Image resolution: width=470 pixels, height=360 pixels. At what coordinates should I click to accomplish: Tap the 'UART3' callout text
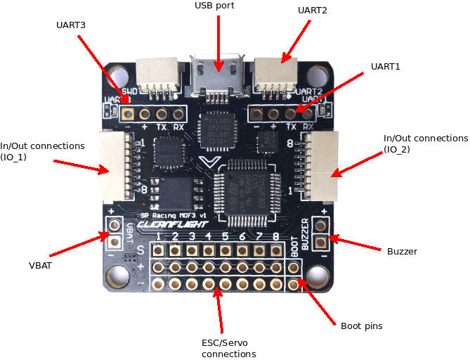(x=72, y=25)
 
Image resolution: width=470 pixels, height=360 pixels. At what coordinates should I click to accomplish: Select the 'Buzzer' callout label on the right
(x=402, y=251)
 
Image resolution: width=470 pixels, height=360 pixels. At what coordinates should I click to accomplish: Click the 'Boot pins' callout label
(x=362, y=326)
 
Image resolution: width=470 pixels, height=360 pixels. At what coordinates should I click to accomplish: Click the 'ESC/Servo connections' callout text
(x=228, y=348)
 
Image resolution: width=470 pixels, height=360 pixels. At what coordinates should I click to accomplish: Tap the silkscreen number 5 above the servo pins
(x=225, y=236)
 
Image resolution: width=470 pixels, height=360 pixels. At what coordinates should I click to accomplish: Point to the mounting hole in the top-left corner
(x=118, y=76)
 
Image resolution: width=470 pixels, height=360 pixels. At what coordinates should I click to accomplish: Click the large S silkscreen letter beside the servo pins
(x=141, y=250)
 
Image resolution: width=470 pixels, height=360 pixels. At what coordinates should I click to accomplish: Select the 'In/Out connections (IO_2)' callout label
(x=426, y=144)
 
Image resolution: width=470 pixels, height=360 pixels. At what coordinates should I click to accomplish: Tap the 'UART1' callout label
(x=385, y=66)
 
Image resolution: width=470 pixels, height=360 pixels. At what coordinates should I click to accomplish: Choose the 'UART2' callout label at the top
(x=312, y=11)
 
